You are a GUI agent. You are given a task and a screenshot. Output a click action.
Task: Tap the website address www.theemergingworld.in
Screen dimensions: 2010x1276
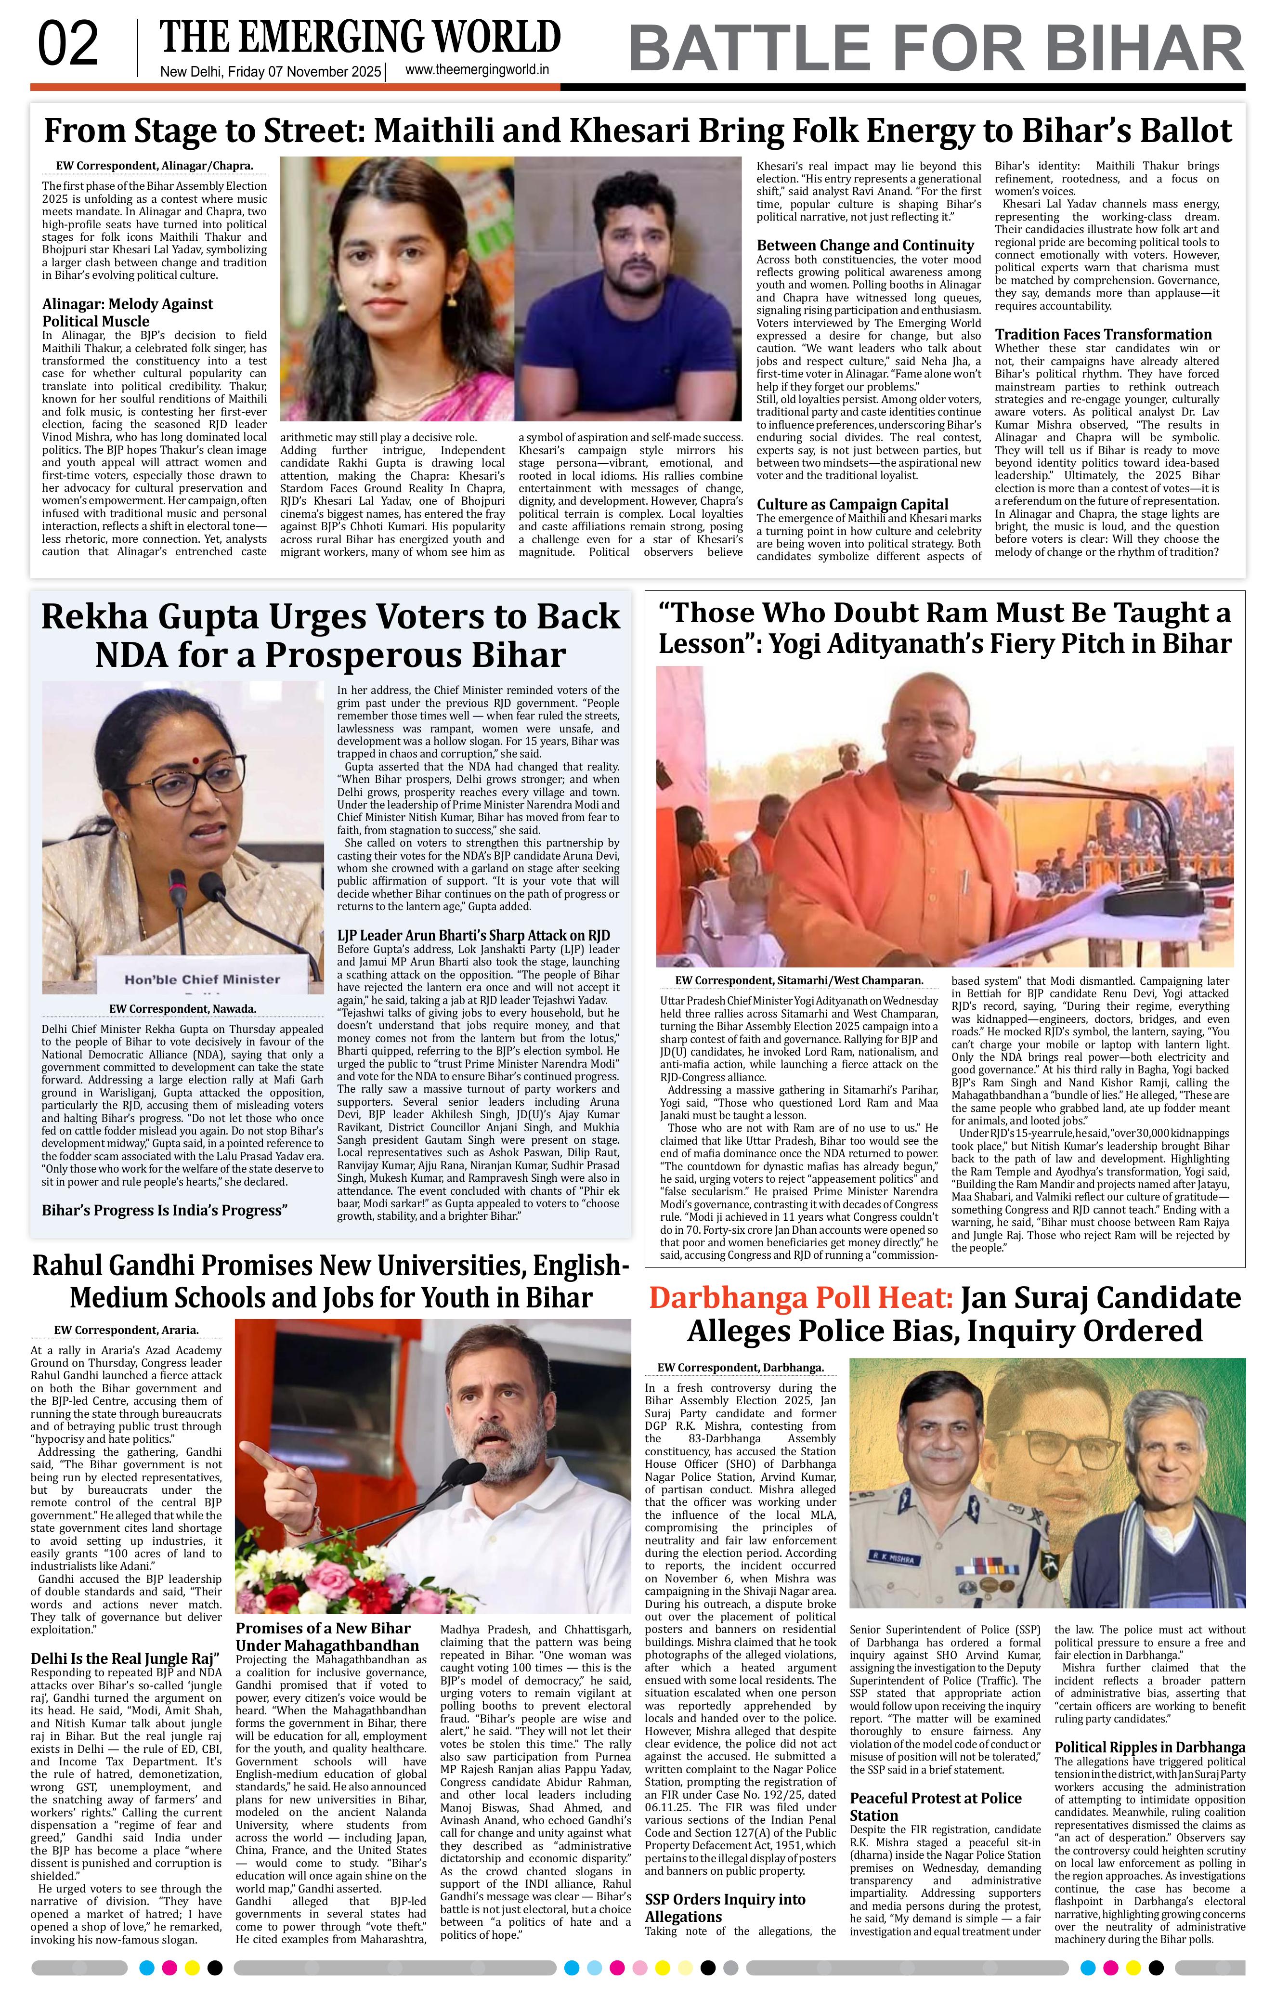(477, 71)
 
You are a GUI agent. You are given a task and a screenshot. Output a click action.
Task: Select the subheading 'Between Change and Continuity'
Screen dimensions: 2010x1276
(865, 246)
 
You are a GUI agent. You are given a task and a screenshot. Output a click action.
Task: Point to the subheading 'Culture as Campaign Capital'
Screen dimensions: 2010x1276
(852, 504)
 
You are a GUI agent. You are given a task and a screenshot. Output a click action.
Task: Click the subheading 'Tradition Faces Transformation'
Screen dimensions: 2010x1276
(1103, 334)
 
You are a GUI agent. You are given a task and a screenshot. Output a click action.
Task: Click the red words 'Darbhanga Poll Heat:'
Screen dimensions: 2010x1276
(800, 1298)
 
